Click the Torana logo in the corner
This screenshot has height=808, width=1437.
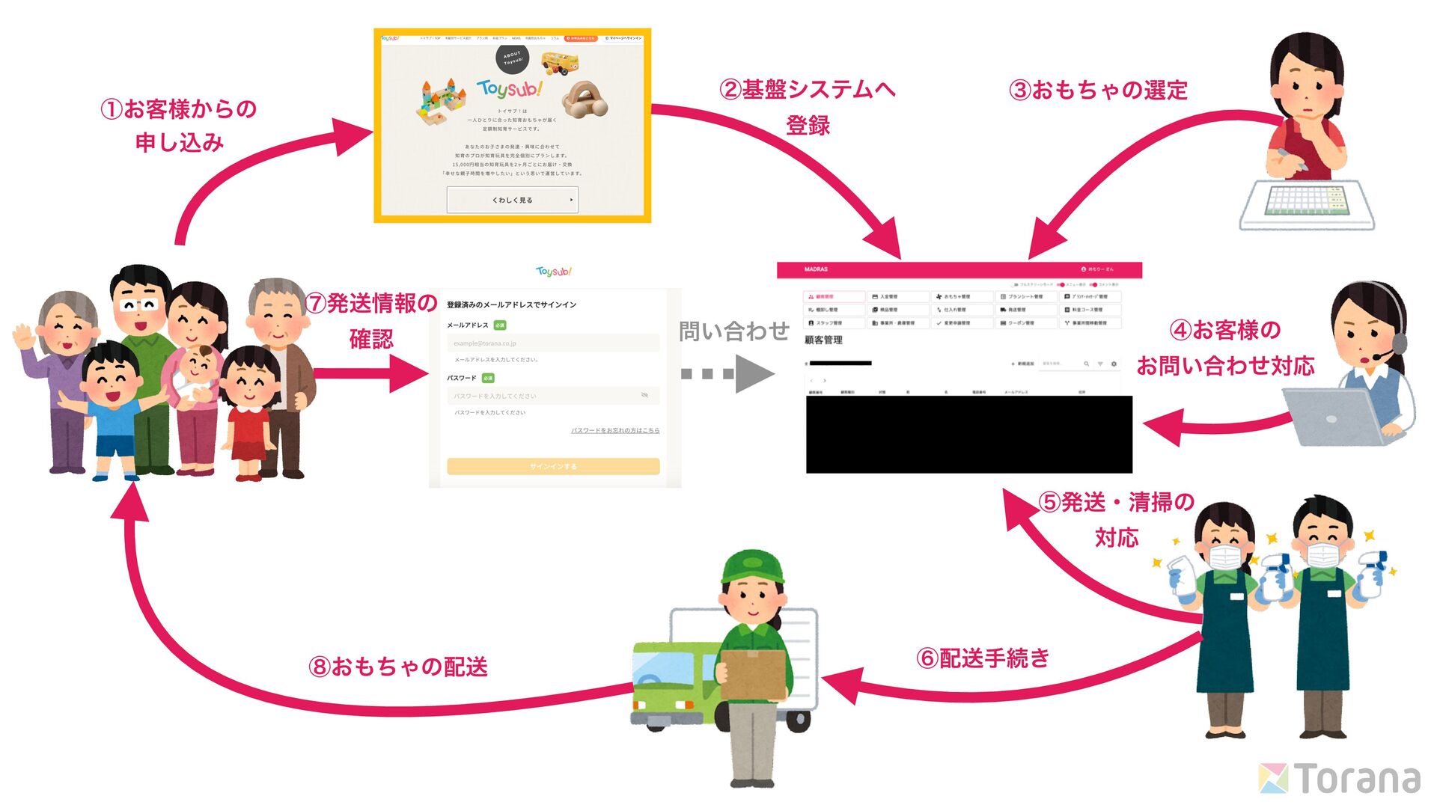point(1340,778)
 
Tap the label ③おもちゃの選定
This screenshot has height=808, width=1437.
point(1098,91)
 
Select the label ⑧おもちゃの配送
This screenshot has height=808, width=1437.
point(398,667)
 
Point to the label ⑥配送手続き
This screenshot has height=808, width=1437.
point(983,658)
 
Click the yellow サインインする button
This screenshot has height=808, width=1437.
point(553,466)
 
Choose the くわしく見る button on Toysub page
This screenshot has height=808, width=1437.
point(513,200)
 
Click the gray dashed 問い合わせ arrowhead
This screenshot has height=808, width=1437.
point(754,373)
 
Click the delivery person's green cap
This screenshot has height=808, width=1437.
point(752,566)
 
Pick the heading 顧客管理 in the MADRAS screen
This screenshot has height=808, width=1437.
point(823,340)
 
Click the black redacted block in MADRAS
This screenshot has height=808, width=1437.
point(968,434)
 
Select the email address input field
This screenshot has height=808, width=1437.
point(553,343)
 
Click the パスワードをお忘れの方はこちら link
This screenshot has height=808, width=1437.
point(614,430)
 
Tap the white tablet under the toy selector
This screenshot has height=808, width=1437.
point(1307,205)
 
